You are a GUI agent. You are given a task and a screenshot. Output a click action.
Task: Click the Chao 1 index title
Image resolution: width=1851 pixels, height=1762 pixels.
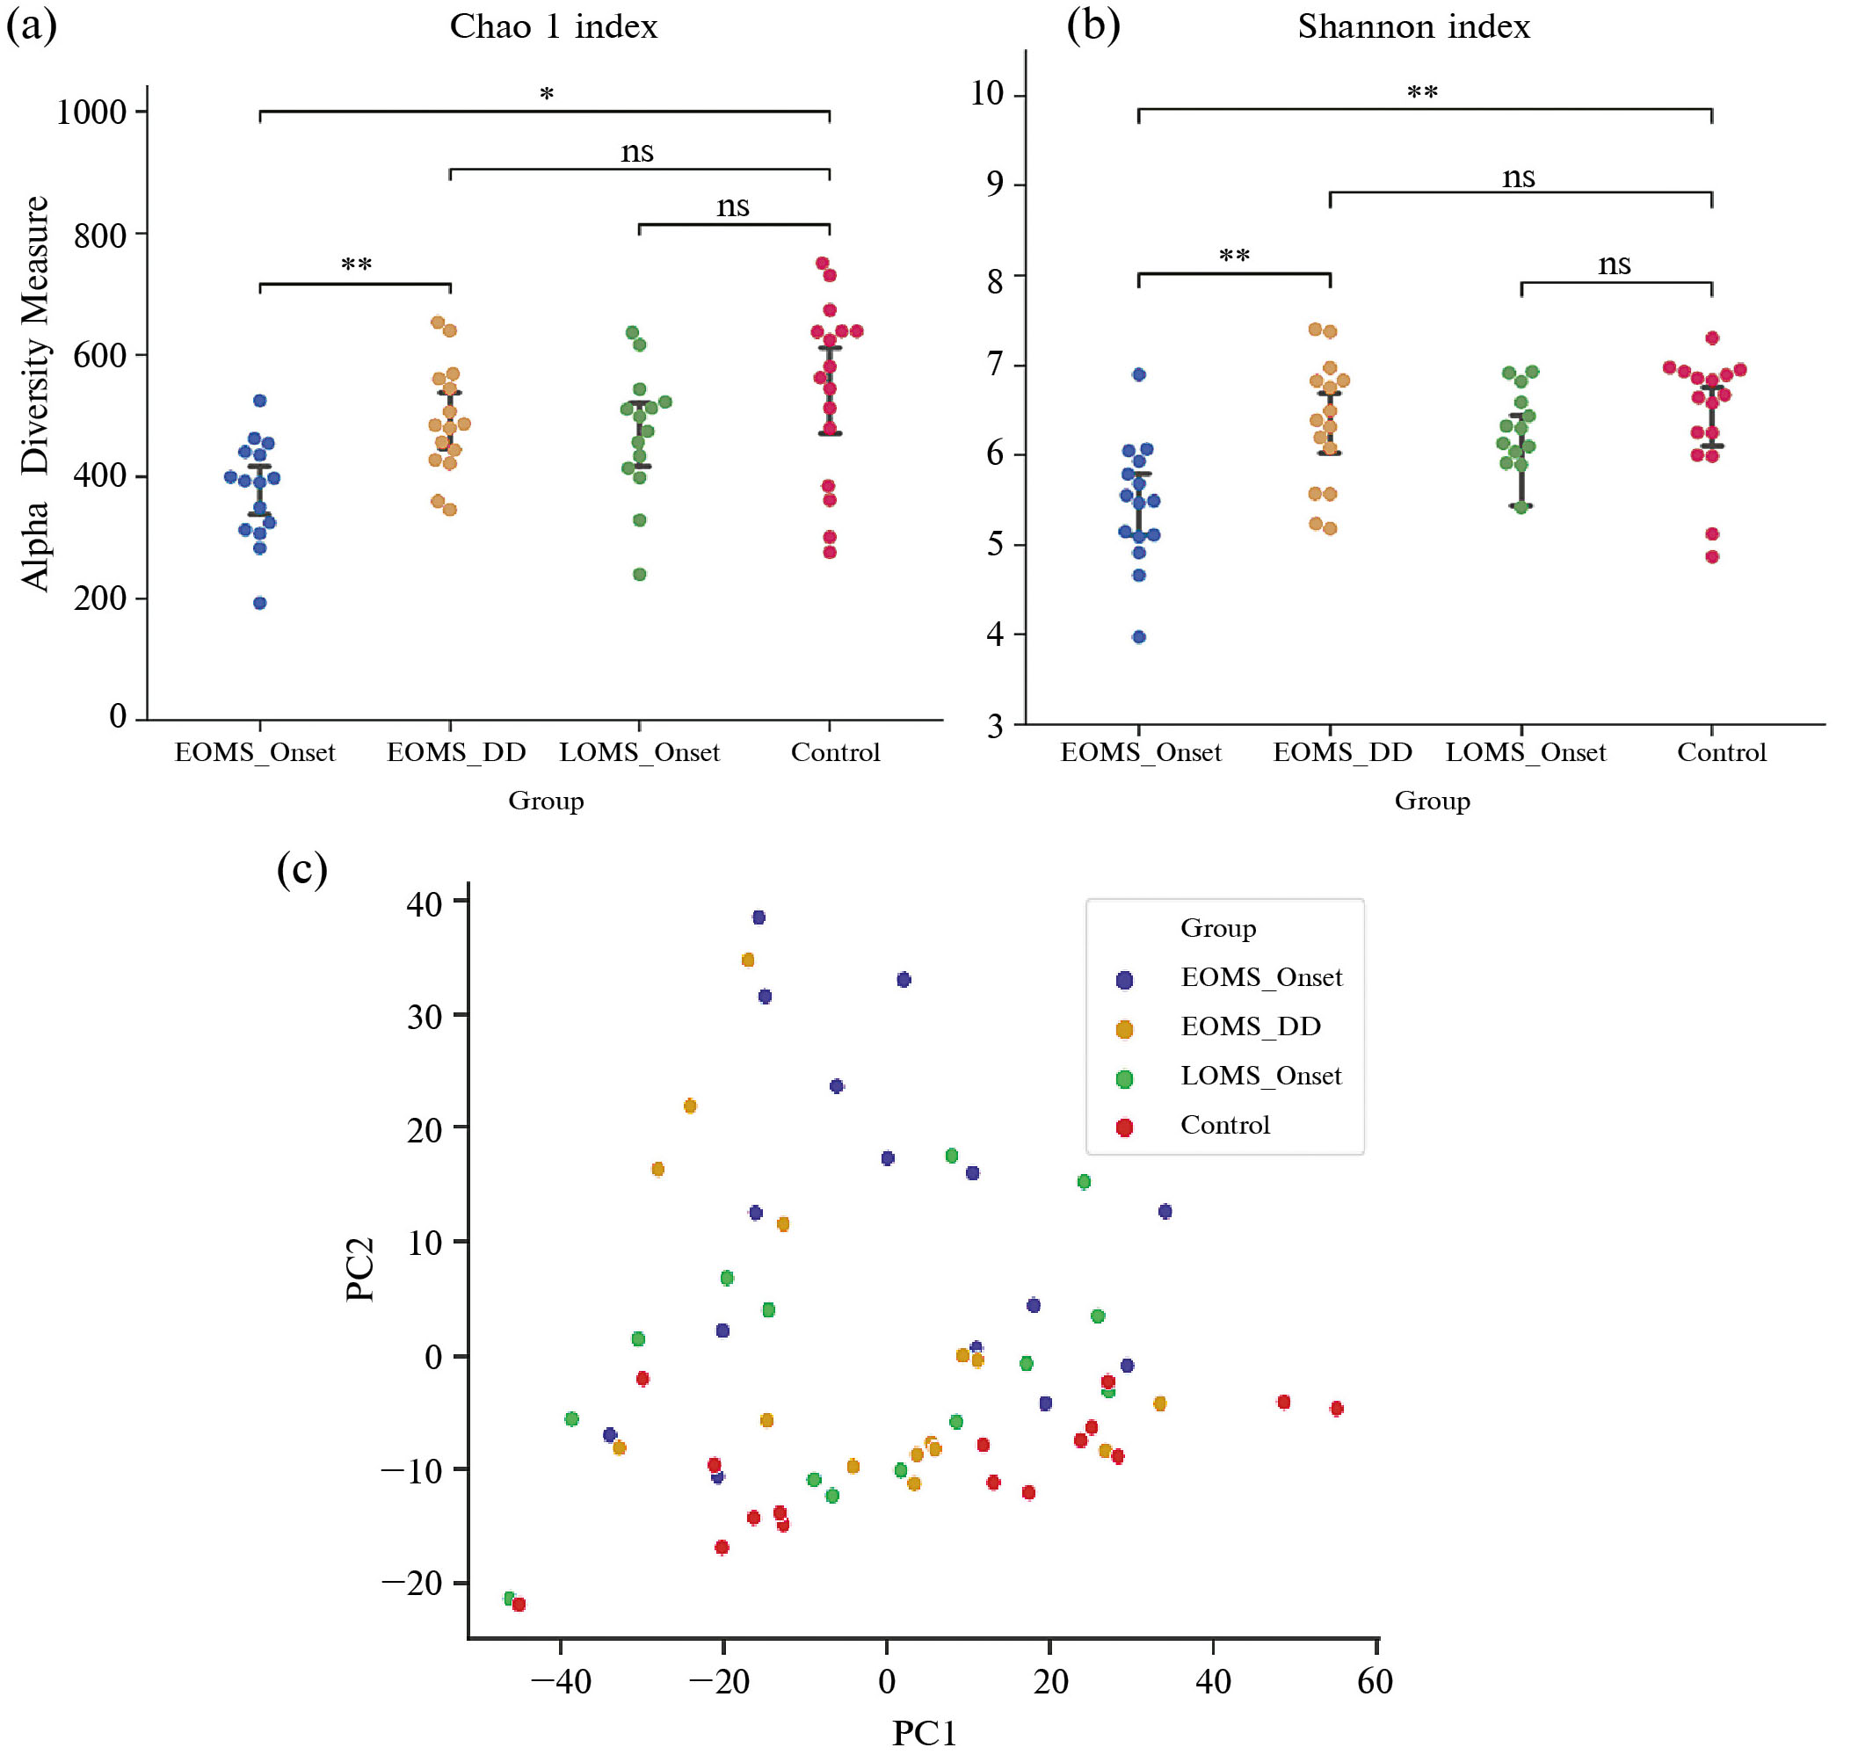pyautogui.click(x=553, y=26)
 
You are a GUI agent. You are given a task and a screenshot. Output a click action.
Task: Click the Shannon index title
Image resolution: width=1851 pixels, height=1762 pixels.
pyautogui.click(x=1412, y=26)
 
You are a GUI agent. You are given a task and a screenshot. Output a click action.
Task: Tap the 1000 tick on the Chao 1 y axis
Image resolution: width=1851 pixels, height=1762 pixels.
pyautogui.click(x=91, y=112)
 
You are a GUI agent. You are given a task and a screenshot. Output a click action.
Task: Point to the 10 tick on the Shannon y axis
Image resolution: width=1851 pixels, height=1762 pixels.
pyautogui.click(x=986, y=93)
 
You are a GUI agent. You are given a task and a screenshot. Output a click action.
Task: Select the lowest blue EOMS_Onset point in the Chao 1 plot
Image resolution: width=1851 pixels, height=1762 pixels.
pyautogui.click(x=260, y=603)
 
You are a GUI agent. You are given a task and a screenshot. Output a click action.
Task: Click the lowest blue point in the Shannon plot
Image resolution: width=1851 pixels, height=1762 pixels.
pyautogui.click(x=1138, y=637)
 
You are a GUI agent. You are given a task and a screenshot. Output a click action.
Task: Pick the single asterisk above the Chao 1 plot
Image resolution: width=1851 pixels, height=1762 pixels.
pyautogui.click(x=547, y=94)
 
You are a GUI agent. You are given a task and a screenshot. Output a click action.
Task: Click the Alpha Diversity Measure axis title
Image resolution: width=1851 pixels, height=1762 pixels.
pyautogui.click(x=35, y=394)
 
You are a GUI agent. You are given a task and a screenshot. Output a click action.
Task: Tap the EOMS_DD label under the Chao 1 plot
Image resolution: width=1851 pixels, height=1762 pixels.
pyautogui.click(x=456, y=752)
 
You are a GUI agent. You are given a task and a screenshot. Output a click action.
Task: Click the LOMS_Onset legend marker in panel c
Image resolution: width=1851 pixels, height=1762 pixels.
pyautogui.click(x=1123, y=1079)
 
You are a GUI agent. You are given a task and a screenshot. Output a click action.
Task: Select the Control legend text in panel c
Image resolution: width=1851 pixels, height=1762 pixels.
pyautogui.click(x=1224, y=1124)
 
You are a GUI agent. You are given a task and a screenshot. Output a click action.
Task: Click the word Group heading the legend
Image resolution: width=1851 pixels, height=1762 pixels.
pyautogui.click(x=1217, y=928)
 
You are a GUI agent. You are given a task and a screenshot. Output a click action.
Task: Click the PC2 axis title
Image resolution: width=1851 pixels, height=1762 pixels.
pyautogui.click(x=359, y=1269)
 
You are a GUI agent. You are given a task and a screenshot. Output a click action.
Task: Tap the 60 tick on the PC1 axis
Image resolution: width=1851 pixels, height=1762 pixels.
pyautogui.click(x=1375, y=1681)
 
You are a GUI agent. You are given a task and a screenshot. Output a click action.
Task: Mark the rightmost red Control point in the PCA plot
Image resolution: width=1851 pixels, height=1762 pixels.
pyautogui.click(x=1336, y=1408)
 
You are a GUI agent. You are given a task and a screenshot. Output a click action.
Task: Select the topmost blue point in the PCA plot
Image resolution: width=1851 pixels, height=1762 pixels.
pyautogui.click(x=759, y=917)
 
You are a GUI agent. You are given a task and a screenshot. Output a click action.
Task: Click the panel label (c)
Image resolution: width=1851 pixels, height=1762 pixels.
pyautogui.click(x=301, y=868)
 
